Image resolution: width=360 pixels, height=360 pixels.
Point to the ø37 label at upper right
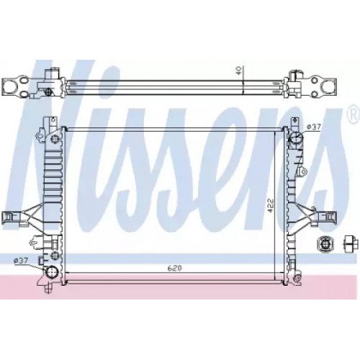314,128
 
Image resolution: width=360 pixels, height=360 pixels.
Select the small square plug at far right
351,243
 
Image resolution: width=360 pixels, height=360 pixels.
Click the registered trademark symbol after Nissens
353,113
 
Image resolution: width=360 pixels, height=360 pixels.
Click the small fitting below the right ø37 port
305,171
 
